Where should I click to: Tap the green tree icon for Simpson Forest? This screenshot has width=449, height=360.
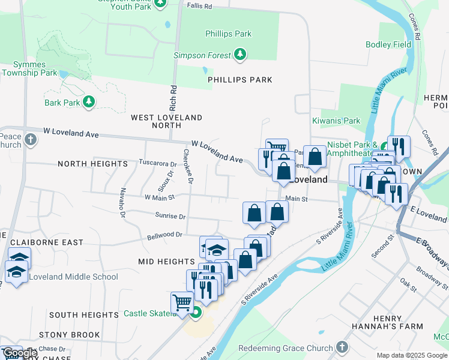pyautogui.click(x=241, y=55)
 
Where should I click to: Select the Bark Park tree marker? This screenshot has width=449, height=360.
pyautogui.click(x=89, y=103)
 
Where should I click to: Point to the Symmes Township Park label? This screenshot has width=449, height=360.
pyautogui.click(x=29, y=69)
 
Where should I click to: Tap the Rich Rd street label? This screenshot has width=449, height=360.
pyautogui.click(x=173, y=98)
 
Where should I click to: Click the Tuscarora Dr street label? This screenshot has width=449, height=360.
pyautogui.click(x=158, y=163)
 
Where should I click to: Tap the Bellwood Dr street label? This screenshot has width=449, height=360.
pyautogui.click(x=164, y=236)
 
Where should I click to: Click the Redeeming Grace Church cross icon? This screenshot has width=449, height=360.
pyautogui.click(x=342, y=347)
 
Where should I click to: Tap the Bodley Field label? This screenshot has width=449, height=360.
pyautogui.click(x=388, y=44)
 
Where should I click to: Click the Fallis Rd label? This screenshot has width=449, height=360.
pyautogui.click(x=200, y=6)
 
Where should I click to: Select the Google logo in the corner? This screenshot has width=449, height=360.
pyautogui.click(x=19, y=353)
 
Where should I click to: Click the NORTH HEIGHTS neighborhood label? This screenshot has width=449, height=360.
pyautogui.click(x=92, y=164)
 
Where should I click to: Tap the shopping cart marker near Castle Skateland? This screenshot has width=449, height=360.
pyautogui.click(x=182, y=302)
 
